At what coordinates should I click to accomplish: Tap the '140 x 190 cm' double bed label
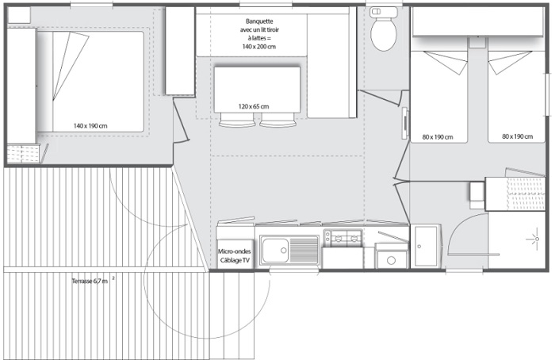pos(90,125)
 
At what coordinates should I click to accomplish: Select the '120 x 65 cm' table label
pos(254,106)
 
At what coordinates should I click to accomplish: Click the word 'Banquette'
pos(259,21)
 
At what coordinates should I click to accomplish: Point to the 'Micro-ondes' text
pos(235,251)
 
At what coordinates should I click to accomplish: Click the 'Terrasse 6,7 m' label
pos(90,281)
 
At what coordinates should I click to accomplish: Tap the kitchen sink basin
pos(275,251)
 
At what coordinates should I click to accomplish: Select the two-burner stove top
pos(343,238)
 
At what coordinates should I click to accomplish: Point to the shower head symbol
pos(535,239)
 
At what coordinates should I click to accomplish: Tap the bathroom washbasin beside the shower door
pos(427,246)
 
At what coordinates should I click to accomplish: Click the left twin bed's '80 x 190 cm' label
pos(438,137)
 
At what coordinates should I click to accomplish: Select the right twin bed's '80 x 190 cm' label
pos(517,136)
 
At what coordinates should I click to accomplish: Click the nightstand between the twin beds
pos(477,43)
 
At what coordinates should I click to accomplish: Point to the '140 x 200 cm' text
pos(259,47)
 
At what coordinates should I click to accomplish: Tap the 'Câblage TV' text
pos(235,261)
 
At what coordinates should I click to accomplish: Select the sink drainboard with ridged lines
pos(304,251)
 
